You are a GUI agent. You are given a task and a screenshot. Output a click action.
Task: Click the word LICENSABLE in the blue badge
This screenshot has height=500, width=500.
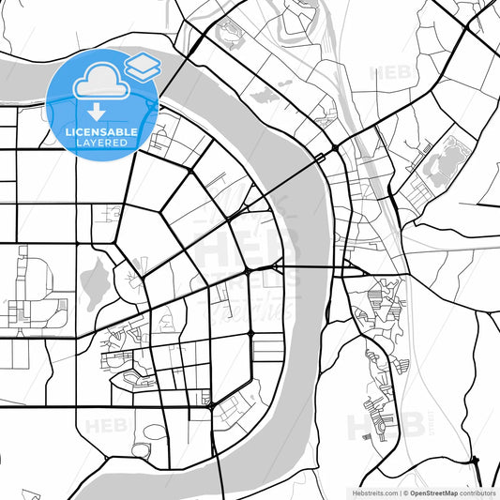coord(101,132)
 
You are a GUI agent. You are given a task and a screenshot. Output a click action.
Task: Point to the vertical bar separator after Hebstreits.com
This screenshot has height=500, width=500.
coord(397,492)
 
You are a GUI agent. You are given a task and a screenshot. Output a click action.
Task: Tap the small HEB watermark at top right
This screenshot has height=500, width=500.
coord(389,72)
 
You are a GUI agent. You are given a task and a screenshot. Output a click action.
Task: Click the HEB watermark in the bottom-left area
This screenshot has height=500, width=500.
coord(103,427)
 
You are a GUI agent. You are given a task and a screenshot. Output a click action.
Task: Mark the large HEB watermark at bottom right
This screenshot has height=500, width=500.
coord(375,427)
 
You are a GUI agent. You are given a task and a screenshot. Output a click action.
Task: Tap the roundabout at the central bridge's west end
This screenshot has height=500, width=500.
coord(248,271)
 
